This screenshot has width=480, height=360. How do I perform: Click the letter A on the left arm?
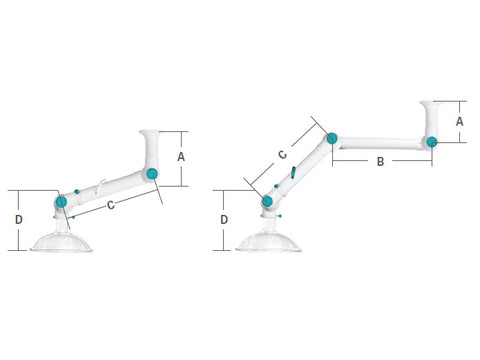[x=181, y=157]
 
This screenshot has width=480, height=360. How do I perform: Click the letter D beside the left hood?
[x=19, y=218]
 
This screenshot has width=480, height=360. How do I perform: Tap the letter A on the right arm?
[x=458, y=120]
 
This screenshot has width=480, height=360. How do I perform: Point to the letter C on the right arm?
[x=282, y=155]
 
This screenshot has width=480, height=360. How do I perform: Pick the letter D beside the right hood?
[x=224, y=218]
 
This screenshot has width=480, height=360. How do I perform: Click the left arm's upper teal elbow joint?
[x=151, y=175]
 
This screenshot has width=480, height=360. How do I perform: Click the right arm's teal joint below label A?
[x=431, y=141]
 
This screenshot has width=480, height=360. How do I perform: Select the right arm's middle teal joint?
[x=331, y=138]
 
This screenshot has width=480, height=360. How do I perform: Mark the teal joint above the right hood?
[x=267, y=202]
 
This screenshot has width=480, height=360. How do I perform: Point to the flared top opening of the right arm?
[x=434, y=104]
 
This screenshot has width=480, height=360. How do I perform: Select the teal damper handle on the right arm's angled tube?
[x=294, y=174]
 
